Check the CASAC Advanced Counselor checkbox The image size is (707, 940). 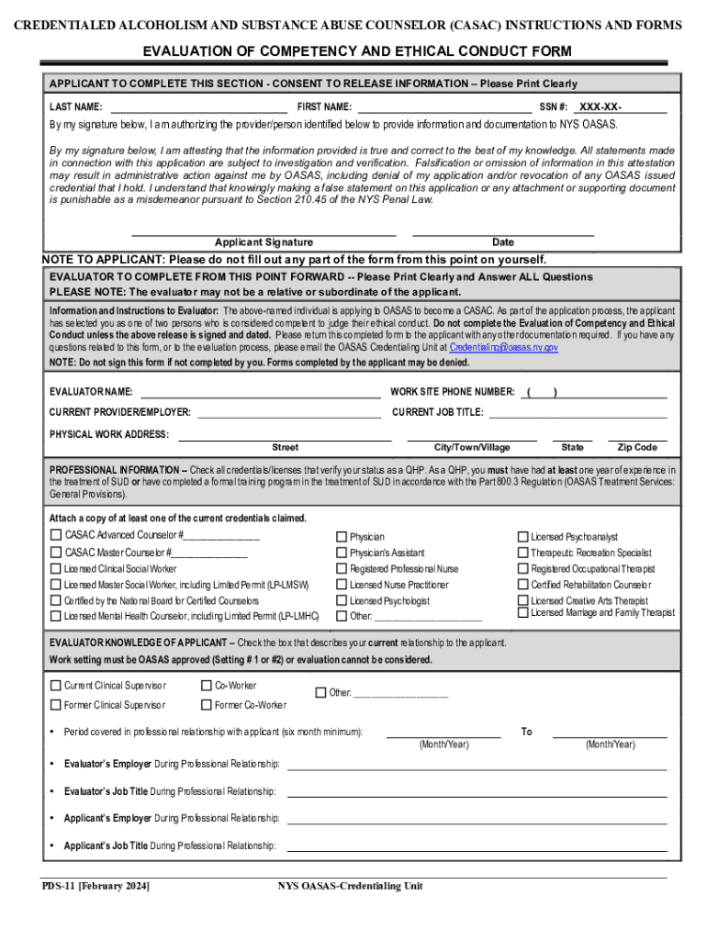pos(56,535)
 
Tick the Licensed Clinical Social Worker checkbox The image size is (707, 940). pos(56,568)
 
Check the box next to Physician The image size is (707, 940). pos(342,536)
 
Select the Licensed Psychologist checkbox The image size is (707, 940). pos(342,601)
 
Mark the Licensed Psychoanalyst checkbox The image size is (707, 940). pos(523,536)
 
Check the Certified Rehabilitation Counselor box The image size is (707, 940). pos(523,585)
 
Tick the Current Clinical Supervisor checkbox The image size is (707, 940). pos(56,686)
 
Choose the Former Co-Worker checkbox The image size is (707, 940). pos(207,705)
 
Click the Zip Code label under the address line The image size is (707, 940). pos(637,448)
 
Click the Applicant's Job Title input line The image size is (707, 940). pos(477,845)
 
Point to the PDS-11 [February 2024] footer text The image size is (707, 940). pos(95,886)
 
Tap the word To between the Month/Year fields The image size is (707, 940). pos(526,732)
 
